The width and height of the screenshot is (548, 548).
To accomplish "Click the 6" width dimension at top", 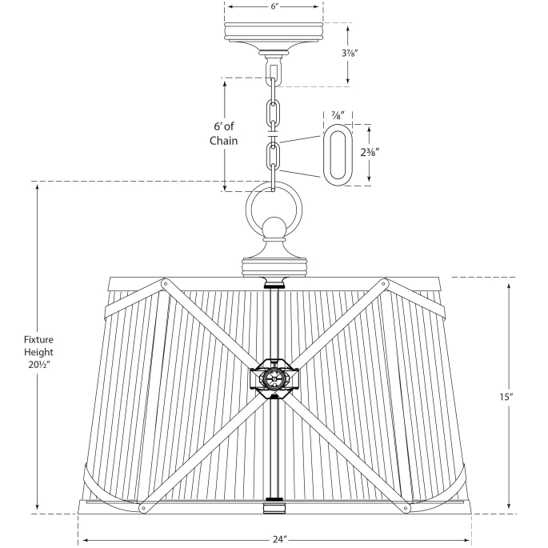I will (274, 6).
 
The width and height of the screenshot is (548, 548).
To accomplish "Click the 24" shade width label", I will (278, 539).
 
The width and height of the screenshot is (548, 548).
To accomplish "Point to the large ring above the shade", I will (274, 210).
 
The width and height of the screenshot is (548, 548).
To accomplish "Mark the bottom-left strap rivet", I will (142, 506).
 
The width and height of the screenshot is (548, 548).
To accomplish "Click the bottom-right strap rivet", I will (407, 506).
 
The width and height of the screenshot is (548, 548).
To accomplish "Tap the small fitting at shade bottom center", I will (274, 507).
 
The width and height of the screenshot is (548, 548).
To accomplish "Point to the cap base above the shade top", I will (274, 263).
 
